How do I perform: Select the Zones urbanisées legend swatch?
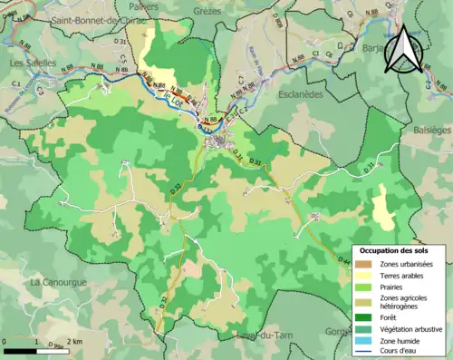click(x=363, y=264)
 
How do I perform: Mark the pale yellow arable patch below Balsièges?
click(x=384, y=207)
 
